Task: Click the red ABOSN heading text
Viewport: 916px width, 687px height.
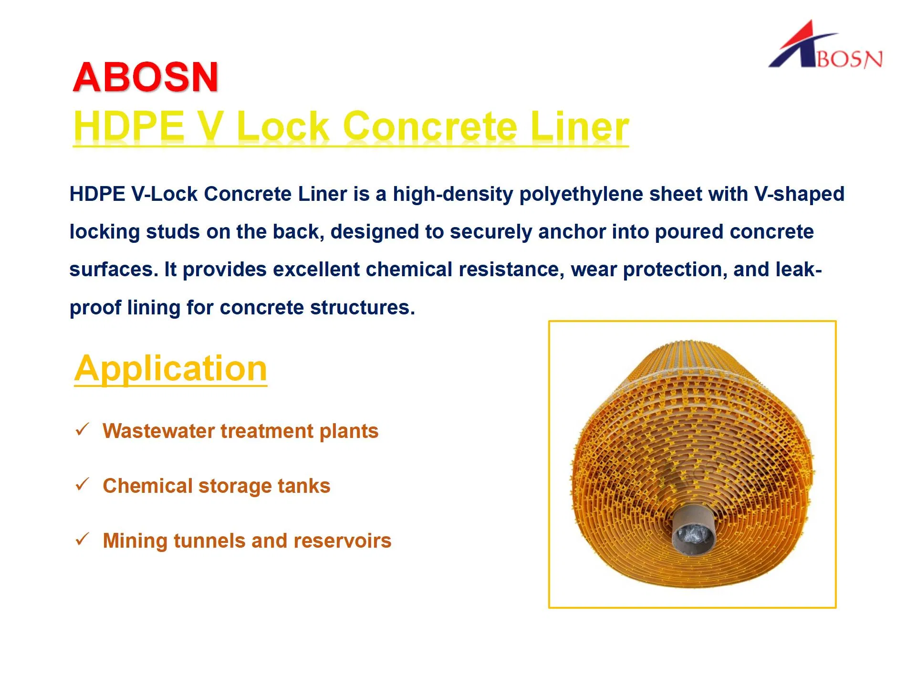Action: [146, 77]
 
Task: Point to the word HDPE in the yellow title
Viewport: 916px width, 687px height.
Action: [129, 126]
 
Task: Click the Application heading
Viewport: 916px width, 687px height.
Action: [171, 368]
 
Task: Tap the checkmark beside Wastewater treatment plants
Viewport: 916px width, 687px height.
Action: [83, 429]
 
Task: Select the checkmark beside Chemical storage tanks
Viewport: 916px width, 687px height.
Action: [83, 484]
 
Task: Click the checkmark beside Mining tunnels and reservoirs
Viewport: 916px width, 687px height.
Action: [83, 539]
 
